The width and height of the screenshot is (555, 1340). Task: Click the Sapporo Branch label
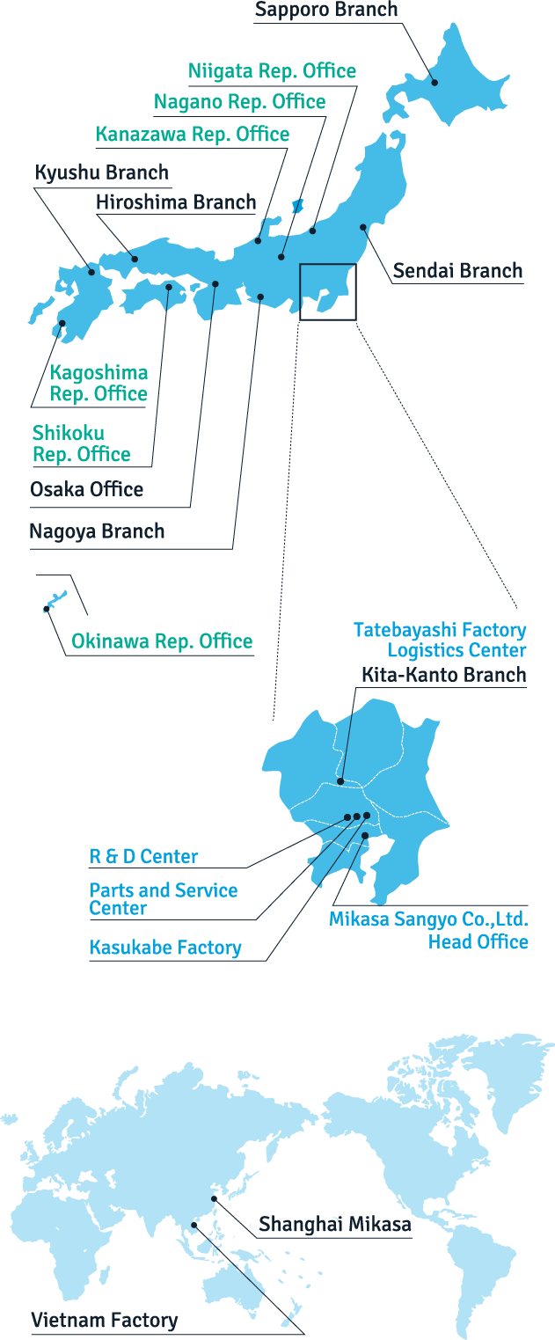click(x=326, y=10)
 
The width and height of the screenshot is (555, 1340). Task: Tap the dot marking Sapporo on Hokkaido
click(x=435, y=83)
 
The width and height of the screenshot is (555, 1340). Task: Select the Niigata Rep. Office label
click(x=272, y=71)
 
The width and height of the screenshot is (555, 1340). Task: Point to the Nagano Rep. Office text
click(x=240, y=102)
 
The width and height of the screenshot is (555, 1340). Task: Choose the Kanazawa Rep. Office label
click(x=193, y=134)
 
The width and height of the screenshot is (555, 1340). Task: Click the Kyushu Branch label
click(x=102, y=172)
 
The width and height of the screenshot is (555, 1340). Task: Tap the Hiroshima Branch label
click(x=176, y=202)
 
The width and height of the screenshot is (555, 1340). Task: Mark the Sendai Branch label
click(x=457, y=271)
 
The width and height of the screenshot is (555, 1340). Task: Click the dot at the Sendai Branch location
click(x=363, y=227)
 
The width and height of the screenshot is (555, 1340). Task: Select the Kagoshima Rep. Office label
click(x=99, y=383)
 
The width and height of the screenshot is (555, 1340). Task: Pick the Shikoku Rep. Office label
click(x=81, y=443)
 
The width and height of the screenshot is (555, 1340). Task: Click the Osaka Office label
click(x=87, y=489)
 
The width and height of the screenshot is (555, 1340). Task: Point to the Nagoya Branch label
click(x=97, y=531)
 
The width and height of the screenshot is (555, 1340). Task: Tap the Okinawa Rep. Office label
click(x=162, y=641)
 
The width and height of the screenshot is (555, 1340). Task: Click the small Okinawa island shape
click(x=55, y=601)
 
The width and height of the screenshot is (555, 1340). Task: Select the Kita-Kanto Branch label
click(x=444, y=675)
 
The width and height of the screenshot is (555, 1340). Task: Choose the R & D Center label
click(x=143, y=857)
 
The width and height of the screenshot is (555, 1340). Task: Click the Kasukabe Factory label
click(x=165, y=948)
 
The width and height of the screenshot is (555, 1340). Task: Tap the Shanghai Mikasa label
click(x=335, y=1224)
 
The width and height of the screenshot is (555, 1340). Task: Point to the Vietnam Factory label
click(x=105, y=1320)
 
